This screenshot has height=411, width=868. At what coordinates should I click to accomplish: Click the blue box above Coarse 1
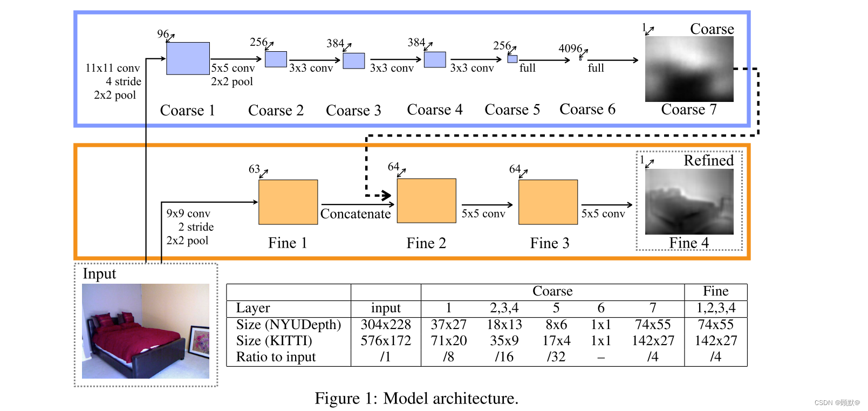(188, 58)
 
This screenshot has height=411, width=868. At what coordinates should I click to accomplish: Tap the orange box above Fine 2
(426, 201)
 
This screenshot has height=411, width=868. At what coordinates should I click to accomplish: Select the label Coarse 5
(512, 109)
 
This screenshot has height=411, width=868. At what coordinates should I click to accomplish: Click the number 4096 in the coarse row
(570, 49)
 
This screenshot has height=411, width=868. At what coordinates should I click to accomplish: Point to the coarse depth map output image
(689, 69)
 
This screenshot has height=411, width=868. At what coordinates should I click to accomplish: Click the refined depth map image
(689, 202)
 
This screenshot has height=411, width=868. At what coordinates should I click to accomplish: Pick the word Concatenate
(356, 214)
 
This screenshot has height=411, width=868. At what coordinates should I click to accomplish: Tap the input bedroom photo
(145, 331)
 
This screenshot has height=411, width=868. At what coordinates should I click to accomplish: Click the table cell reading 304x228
(386, 325)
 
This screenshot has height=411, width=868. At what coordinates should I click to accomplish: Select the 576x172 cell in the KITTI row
(386, 341)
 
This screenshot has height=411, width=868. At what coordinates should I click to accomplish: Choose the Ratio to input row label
(276, 357)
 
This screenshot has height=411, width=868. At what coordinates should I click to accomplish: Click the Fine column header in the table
(715, 291)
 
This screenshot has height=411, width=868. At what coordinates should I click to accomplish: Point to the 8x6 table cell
(556, 325)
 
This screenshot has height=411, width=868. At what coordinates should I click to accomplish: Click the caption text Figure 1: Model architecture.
(416, 399)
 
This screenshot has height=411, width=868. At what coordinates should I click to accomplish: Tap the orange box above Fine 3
(548, 202)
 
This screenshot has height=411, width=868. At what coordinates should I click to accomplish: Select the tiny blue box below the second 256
(512, 59)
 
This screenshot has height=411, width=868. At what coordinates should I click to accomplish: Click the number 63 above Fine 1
(254, 169)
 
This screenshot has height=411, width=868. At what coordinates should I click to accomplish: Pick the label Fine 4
(689, 243)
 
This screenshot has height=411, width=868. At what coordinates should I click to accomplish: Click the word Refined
(708, 161)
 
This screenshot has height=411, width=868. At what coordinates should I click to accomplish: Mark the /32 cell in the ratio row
(556, 357)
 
